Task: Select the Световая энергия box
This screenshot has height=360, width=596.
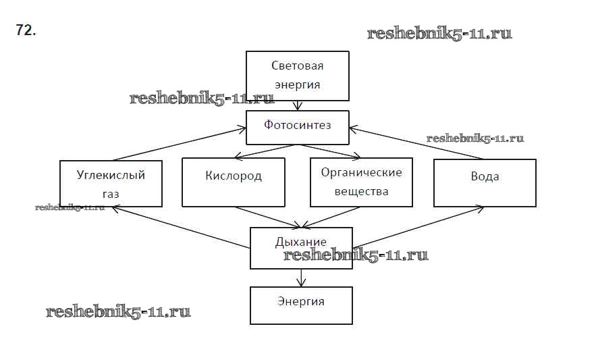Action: point(297,75)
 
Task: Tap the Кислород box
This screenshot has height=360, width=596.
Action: point(234,183)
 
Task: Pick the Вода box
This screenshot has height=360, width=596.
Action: point(485,183)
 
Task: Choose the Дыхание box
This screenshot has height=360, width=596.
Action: point(301,247)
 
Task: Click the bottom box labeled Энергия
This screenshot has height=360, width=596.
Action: point(301,305)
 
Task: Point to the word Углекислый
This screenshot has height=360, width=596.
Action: point(111,175)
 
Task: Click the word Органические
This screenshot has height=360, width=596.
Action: point(361,172)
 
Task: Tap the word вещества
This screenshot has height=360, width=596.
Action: point(361,191)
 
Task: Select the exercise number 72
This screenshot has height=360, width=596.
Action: point(26,30)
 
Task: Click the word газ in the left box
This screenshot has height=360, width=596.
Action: point(111,194)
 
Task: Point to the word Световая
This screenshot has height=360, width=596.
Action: point(297,66)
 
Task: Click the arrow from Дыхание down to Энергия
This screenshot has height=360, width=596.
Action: point(301,277)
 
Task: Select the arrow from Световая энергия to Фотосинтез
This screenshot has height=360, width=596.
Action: point(297,105)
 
